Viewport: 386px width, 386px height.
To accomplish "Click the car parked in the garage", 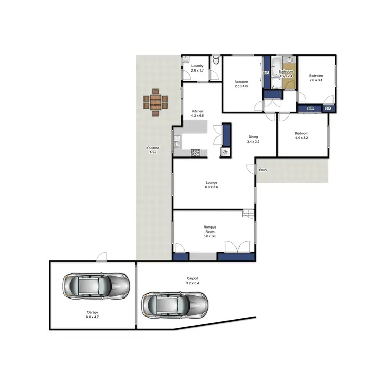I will [96, 286].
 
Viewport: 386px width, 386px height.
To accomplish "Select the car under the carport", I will [175, 304].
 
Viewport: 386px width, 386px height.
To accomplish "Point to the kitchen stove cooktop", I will [196, 152].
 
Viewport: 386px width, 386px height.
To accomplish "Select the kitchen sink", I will [177, 144].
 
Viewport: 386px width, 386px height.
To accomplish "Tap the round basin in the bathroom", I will [289, 59].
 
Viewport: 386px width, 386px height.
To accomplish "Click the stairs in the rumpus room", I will [248, 214].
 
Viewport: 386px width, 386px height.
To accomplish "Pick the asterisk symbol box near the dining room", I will [225, 152].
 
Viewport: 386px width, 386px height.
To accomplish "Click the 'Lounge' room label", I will [212, 182].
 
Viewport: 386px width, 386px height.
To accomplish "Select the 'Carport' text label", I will [192, 279].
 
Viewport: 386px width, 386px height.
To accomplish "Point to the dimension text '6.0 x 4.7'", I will [93, 317].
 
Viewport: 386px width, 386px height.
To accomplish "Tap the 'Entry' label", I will [263, 170].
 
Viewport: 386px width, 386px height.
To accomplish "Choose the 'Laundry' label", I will [198, 66].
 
